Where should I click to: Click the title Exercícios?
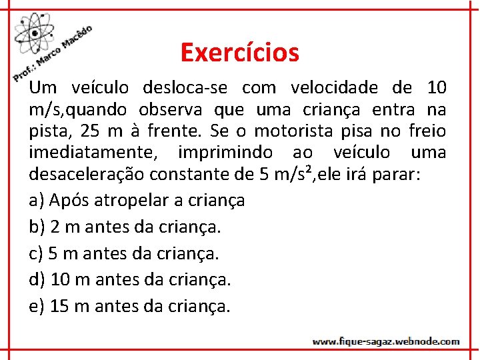pyautogui.click(x=239, y=52)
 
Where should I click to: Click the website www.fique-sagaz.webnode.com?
pyautogui.click(x=386, y=341)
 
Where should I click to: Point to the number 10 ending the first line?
pyautogui.click(x=437, y=88)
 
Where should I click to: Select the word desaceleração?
pyautogui.click(x=87, y=175)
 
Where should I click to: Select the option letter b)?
pyautogui.click(x=37, y=227)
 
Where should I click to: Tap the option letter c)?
pyautogui.click(x=37, y=253)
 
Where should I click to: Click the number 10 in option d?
pyautogui.click(x=60, y=280)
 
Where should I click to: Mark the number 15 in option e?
pyautogui.click(x=59, y=307)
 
